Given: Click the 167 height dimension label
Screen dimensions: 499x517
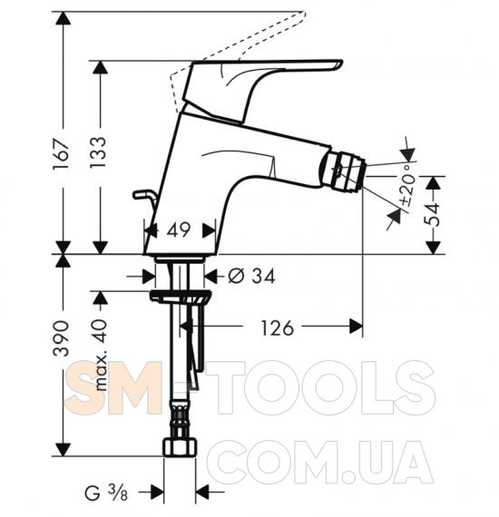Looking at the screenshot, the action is [61, 154].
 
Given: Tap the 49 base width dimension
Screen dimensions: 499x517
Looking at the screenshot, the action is [179, 229].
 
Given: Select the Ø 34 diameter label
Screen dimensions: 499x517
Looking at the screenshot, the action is [251, 276].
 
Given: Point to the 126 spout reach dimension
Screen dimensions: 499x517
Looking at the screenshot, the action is [277, 327].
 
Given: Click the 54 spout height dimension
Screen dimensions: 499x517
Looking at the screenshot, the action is [432, 214].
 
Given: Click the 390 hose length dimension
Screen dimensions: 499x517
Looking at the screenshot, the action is [62, 338].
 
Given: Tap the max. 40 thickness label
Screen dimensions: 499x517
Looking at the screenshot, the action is [100, 355].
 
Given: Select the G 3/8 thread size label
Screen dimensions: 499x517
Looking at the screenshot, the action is [106, 493].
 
